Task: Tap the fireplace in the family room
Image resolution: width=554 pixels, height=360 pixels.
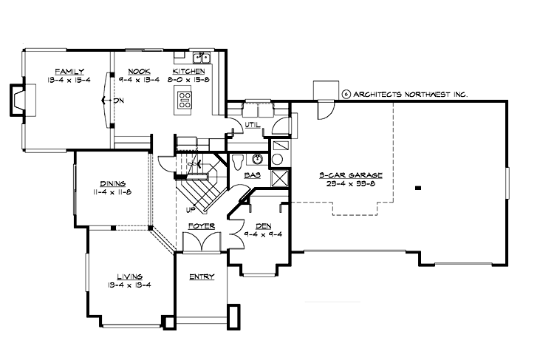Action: (x=18, y=100)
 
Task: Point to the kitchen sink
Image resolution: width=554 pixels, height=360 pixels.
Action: (x=201, y=58)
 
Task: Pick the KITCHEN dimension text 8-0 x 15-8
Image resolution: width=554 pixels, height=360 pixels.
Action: (x=188, y=79)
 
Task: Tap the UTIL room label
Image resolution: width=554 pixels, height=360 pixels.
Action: (x=252, y=125)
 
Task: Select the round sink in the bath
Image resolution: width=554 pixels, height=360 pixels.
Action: (x=258, y=158)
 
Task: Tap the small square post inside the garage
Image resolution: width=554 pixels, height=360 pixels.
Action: (x=417, y=188)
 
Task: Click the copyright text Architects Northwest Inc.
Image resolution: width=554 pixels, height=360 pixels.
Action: (x=405, y=94)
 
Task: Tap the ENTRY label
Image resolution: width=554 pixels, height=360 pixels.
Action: (x=201, y=277)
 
